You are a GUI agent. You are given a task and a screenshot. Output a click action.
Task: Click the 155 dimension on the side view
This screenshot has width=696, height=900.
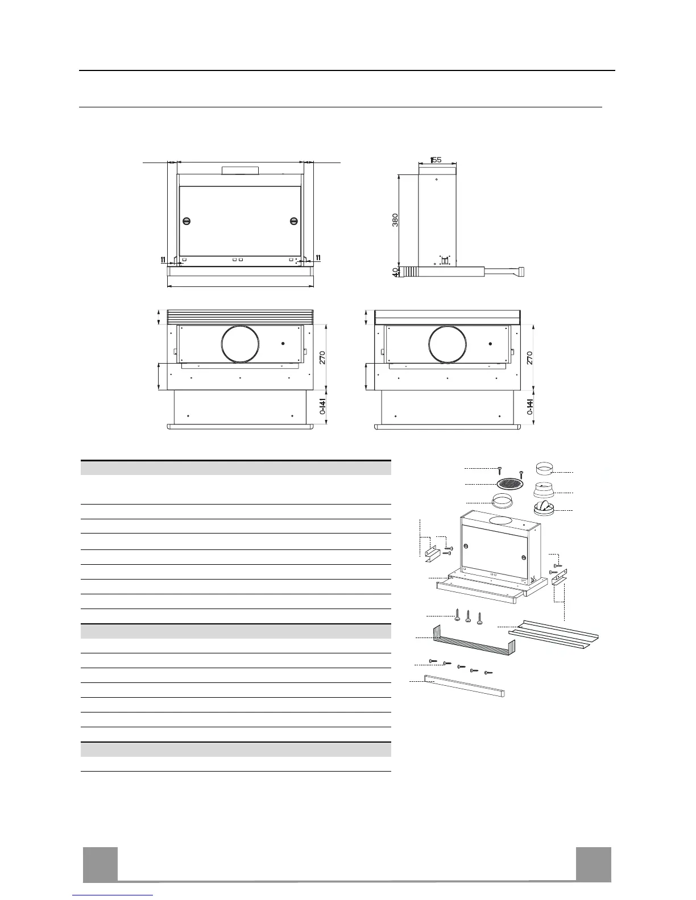pos(436,160)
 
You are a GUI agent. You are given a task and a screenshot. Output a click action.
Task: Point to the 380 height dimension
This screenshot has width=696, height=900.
pos(395,220)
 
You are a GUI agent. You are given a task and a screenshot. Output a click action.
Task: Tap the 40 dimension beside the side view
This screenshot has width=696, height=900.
pos(395,272)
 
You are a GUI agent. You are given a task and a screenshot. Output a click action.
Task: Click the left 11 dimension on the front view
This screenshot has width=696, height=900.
pos(163,260)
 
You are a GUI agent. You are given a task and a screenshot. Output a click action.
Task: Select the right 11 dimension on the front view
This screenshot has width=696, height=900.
pos(317,258)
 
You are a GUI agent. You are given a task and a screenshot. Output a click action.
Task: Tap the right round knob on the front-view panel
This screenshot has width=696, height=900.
pos(293,221)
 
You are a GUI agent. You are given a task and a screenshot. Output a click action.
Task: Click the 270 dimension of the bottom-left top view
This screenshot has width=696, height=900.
pos(322,357)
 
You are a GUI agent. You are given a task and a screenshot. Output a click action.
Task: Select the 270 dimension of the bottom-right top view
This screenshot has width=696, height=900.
pos(530,357)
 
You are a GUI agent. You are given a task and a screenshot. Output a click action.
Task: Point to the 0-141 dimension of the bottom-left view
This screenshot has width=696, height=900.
pos(322,407)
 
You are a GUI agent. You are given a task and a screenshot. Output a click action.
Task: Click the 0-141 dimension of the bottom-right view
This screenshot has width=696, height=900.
pos(530,407)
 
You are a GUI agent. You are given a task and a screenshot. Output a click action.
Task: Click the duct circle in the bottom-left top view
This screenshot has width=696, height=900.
pos(241,345)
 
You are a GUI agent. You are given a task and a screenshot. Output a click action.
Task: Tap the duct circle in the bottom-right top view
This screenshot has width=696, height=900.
pos(448,345)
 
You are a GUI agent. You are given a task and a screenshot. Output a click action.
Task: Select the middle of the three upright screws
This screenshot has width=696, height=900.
pos(468,615)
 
